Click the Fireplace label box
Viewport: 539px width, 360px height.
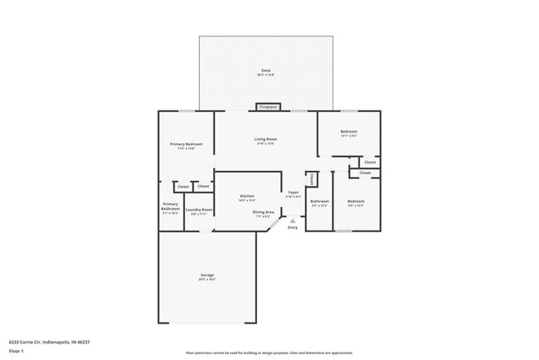pos(268,107)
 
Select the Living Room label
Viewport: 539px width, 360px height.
pos(265,139)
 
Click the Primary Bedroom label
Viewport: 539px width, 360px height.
pos(187,144)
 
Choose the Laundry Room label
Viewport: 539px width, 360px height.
pos(199,210)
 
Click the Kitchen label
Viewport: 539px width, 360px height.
pos(246,196)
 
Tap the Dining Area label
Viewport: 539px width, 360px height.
pos(264,212)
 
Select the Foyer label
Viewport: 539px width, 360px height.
pos(294,192)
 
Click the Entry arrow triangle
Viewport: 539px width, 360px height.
pos(292,220)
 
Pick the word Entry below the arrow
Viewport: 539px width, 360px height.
pos(292,227)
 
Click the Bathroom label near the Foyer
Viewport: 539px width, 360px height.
pos(319,201)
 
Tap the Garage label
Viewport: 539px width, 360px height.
pos(206,275)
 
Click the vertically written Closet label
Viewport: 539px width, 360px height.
pos(311,178)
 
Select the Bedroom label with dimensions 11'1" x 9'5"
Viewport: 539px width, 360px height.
pos(348,132)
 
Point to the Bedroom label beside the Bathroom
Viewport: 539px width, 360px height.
pos(356,202)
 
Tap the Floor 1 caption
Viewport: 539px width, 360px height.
pos(16,351)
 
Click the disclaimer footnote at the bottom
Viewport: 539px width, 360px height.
pos(269,353)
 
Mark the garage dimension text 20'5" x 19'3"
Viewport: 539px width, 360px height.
pos(206,280)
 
